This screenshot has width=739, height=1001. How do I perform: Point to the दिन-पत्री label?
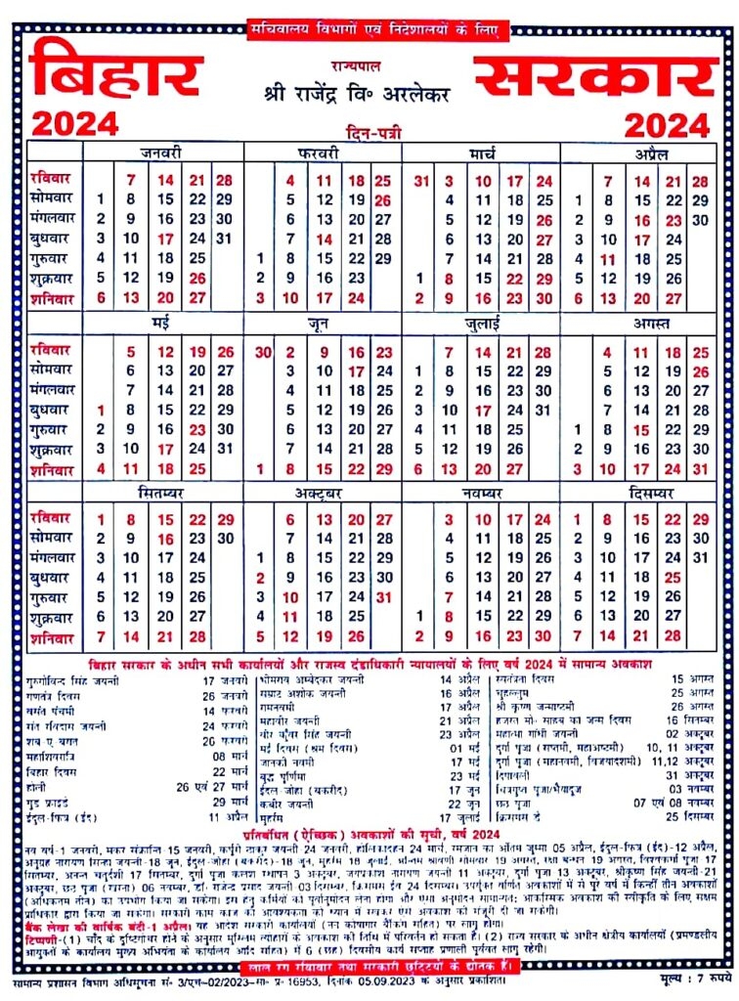click(x=372, y=130)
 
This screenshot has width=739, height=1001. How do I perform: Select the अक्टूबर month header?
click(x=323, y=493)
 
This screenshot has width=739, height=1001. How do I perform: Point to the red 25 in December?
click(x=672, y=578)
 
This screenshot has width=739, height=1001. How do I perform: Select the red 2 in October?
click(x=260, y=578)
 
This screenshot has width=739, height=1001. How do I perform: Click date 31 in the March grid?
click(x=421, y=181)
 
